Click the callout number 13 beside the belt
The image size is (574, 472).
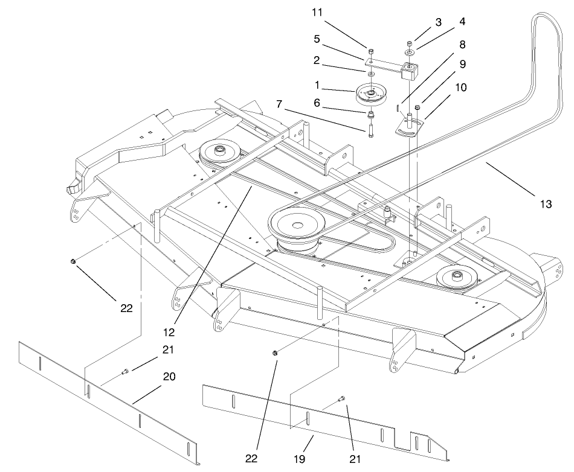[x=545, y=205]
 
